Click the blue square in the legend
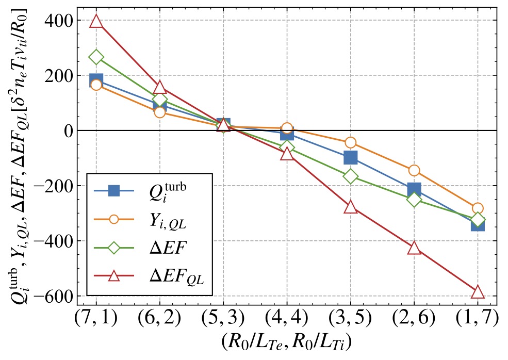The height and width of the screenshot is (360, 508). (x=114, y=191)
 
